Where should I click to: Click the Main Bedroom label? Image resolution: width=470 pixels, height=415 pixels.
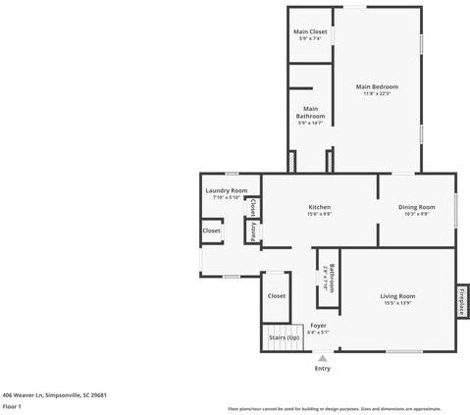(x=377, y=87)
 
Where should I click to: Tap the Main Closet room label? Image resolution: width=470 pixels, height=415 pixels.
(x=310, y=32)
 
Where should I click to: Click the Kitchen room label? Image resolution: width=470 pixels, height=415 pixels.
(x=319, y=207)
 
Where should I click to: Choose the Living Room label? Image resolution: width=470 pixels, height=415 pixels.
(x=398, y=295)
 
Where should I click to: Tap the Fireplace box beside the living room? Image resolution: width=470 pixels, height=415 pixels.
(x=461, y=300)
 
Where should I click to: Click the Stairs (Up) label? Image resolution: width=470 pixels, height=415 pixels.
(x=284, y=337)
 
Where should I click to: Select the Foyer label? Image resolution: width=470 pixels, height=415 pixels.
(x=318, y=325)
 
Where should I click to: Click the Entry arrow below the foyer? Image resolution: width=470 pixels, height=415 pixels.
(x=321, y=358)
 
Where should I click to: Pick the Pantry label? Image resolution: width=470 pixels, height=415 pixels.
(x=253, y=233)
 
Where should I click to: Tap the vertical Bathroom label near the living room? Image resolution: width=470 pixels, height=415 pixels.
(x=332, y=277)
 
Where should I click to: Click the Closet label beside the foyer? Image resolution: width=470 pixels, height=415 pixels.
(x=277, y=295)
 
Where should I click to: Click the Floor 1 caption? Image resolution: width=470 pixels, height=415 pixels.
(x=12, y=405)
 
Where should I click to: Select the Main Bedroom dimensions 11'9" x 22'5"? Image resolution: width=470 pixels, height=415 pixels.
(x=377, y=94)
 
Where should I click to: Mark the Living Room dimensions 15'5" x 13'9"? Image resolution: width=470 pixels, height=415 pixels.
(x=398, y=302)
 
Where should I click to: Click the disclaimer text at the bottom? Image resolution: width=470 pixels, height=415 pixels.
(x=334, y=407)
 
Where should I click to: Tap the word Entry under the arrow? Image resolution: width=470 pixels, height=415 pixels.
(x=322, y=369)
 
